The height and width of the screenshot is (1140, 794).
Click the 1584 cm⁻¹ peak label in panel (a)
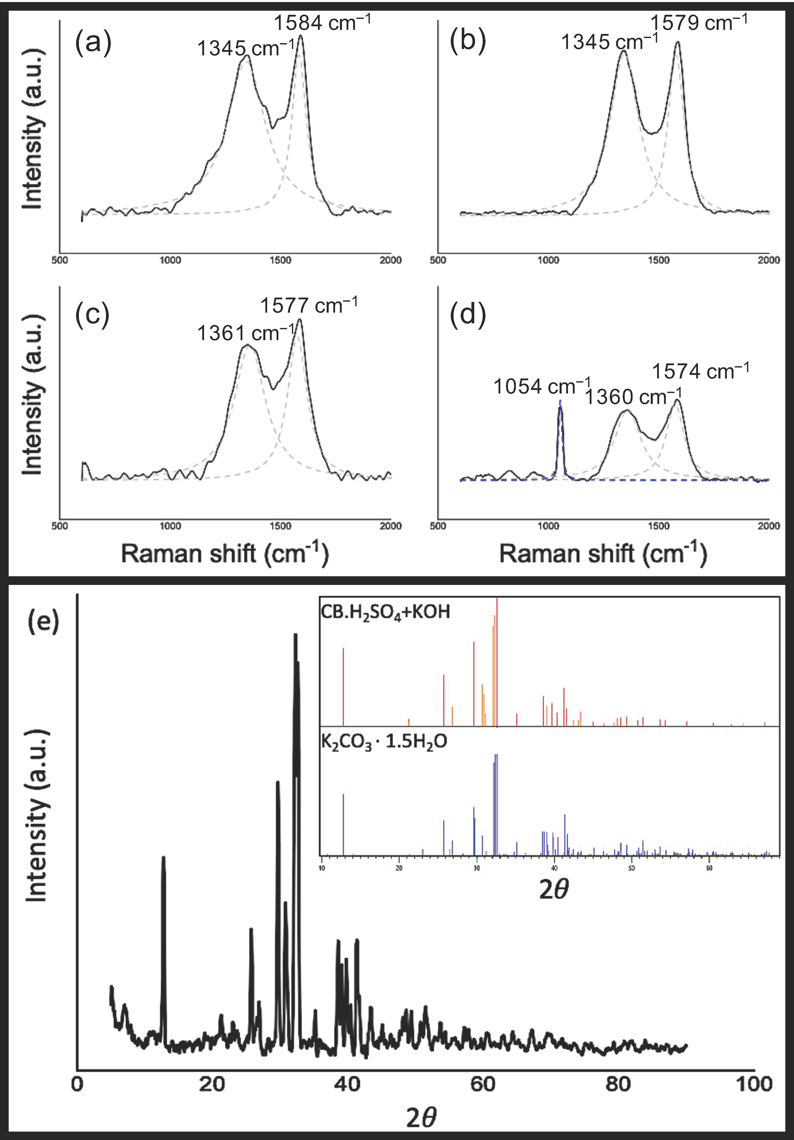[x=322, y=23]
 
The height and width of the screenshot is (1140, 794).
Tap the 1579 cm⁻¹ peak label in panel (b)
[x=698, y=23]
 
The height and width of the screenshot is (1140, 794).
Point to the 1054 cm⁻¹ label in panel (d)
[x=542, y=386]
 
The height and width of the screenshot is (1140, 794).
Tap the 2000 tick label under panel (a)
[x=390, y=260]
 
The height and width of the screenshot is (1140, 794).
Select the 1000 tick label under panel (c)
[x=170, y=526]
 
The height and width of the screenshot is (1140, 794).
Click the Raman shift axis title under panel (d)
[x=603, y=554]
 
